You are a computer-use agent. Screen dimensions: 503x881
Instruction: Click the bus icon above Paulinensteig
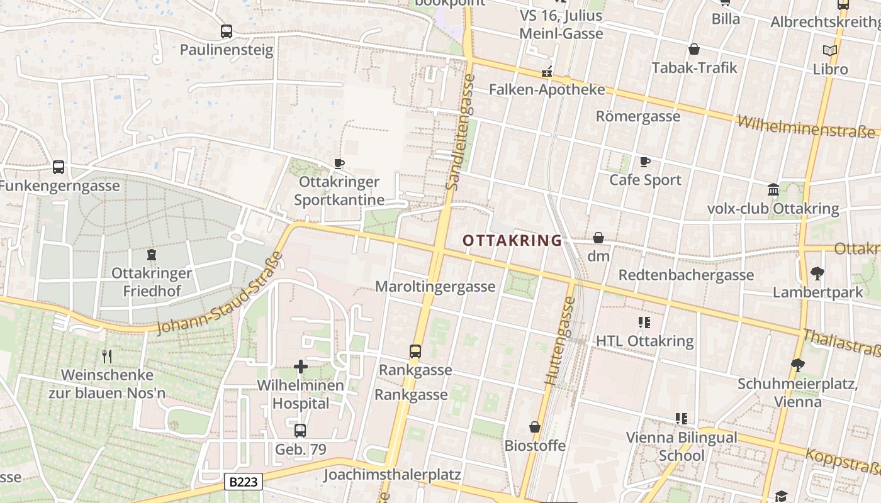pos(227,31)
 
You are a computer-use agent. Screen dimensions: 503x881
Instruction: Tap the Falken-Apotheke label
pos(547,89)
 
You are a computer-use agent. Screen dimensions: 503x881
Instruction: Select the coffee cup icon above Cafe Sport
pos(645,162)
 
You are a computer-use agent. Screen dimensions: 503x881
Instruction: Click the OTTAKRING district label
pos(512,240)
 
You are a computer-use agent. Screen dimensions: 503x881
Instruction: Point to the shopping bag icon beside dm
pos(598,238)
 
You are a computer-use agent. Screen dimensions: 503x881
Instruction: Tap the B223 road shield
pos(243,482)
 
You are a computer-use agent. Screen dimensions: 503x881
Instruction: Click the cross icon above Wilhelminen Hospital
pos(301,366)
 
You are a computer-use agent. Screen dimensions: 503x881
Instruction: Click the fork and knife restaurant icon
pos(107,357)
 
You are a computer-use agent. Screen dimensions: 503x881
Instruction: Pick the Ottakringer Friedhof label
pos(151,282)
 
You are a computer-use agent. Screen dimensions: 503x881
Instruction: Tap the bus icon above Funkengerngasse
pos(59,167)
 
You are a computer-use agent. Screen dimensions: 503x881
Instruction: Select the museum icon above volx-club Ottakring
pos(773,190)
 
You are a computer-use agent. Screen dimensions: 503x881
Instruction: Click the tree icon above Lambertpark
pos(817,274)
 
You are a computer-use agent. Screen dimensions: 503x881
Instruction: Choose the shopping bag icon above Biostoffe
pos(535,427)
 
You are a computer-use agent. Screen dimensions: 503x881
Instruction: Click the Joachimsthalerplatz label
pos(392,475)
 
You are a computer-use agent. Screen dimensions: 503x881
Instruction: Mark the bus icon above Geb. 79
pos(300,431)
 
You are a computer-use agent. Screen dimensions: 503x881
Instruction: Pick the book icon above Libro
pos(830,50)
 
